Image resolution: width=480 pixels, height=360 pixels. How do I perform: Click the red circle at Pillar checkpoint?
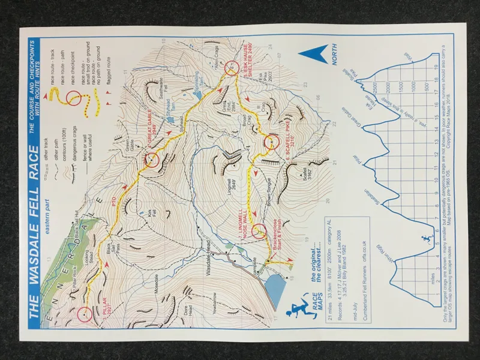pyautogui.click(x=85, y=313)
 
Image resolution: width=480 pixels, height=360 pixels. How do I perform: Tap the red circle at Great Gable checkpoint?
pyautogui.click(x=152, y=160)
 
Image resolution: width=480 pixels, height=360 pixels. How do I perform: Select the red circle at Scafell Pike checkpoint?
pyautogui.click(x=271, y=142)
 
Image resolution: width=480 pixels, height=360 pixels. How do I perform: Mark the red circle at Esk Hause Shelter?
pyautogui.click(x=234, y=70)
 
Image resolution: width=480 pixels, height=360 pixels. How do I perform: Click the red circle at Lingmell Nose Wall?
pyautogui.click(x=259, y=231)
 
